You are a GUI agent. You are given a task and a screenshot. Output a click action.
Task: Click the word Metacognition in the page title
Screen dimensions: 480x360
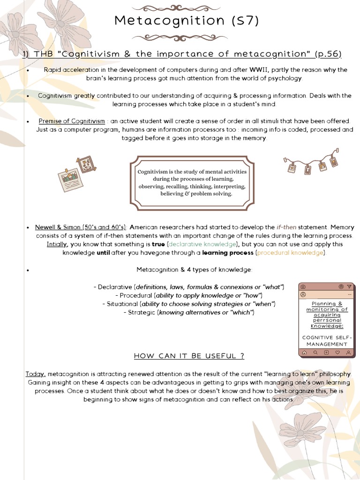click(163, 21)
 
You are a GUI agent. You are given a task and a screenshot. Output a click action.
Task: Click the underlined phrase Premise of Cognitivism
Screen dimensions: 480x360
click(72, 121)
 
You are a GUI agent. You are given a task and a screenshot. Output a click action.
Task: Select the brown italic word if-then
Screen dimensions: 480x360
click(286, 227)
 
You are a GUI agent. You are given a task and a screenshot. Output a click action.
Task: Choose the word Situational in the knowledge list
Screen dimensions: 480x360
click(120, 304)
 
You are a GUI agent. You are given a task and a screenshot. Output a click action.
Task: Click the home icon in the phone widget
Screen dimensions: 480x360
click(304, 352)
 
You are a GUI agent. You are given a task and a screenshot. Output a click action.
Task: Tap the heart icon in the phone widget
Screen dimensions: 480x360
click(338, 352)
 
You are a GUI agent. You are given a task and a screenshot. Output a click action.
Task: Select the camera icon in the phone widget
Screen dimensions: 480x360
click(303, 286)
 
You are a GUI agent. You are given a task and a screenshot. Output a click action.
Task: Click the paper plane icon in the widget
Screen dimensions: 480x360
click(348, 286)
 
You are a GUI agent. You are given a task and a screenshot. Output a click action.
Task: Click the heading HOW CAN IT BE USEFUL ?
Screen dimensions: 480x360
click(189, 356)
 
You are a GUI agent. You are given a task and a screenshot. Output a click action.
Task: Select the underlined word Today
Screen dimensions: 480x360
click(36, 374)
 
